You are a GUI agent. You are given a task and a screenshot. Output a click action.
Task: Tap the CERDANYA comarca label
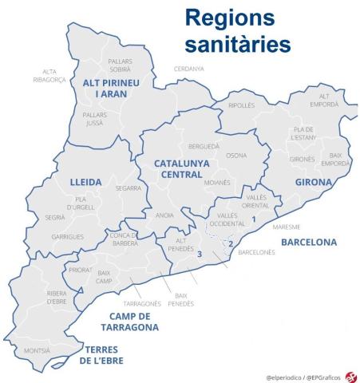(x=188, y=69)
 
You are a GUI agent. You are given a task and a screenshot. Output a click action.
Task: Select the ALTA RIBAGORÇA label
(x=45, y=77)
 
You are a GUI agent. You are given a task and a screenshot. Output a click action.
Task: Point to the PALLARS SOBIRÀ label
(x=119, y=65)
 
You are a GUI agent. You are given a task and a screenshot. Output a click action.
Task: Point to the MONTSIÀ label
(x=37, y=350)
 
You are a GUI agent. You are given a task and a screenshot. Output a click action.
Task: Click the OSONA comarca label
(x=236, y=156)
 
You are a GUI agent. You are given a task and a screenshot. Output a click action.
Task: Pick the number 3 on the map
(x=200, y=255)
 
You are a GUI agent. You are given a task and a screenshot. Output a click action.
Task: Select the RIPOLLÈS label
(x=242, y=105)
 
